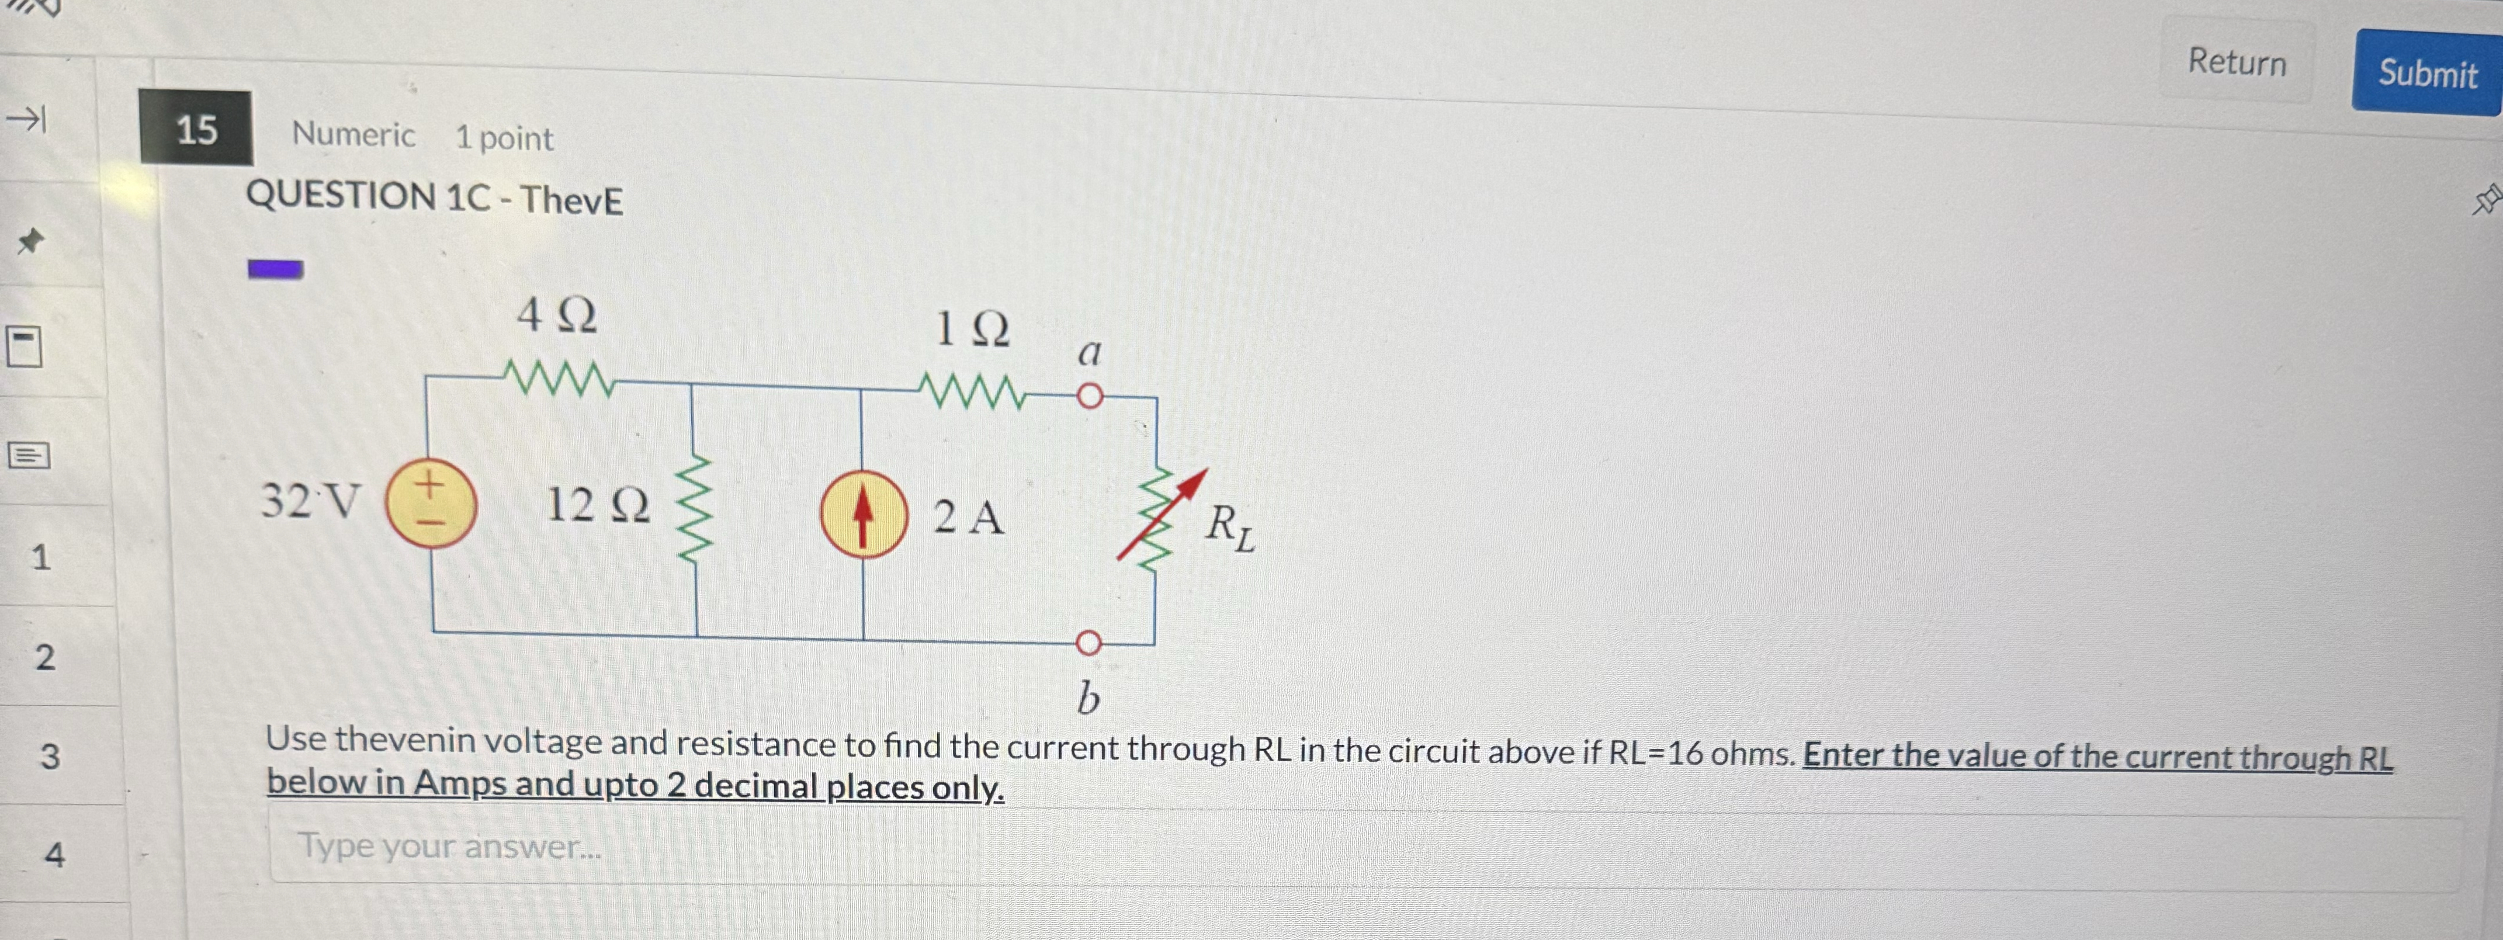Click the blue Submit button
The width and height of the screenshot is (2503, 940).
2426,74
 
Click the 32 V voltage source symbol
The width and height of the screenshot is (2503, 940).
431,505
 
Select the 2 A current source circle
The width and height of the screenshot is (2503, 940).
864,514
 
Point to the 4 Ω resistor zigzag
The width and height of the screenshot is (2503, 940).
559,378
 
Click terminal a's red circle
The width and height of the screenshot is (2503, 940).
1090,396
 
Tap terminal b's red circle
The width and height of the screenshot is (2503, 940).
1089,643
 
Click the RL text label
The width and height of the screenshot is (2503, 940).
1229,528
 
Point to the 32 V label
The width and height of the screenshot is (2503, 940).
310,501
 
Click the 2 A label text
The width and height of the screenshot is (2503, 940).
968,516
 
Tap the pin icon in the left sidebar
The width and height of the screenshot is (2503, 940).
31,240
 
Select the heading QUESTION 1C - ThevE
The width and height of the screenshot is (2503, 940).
434,198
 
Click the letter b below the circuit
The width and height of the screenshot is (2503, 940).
1088,697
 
